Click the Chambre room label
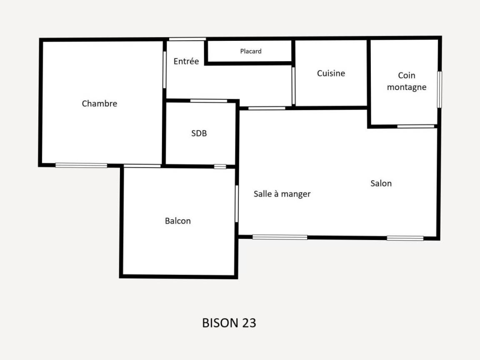pyautogui.click(x=100, y=103)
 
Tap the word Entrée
pyautogui.click(x=186, y=61)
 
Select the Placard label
pyautogui.click(x=251, y=51)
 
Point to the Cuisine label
pyautogui.click(x=331, y=73)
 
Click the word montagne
pyautogui.click(x=407, y=87)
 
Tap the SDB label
pyautogui.click(x=199, y=133)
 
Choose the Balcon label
pyautogui.click(x=177, y=221)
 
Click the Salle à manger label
pyautogui.click(x=282, y=194)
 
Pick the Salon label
pyautogui.click(x=381, y=183)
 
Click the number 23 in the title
pyautogui.click(x=249, y=323)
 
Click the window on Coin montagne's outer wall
pyautogui.click(x=439, y=90)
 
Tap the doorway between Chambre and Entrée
pyautogui.click(x=165, y=70)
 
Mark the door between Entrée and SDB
pyautogui.click(x=209, y=101)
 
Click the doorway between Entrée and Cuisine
pyautogui.click(x=293, y=86)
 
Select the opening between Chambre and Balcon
pyautogui.click(x=142, y=166)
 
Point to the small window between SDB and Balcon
pyautogui.click(x=220, y=167)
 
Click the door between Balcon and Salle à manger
pyautogui.click(x=237, y=204)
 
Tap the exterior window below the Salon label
pyautogui.click(x=405, y=238)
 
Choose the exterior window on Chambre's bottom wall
pyautogui.click(x=81, y=165)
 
